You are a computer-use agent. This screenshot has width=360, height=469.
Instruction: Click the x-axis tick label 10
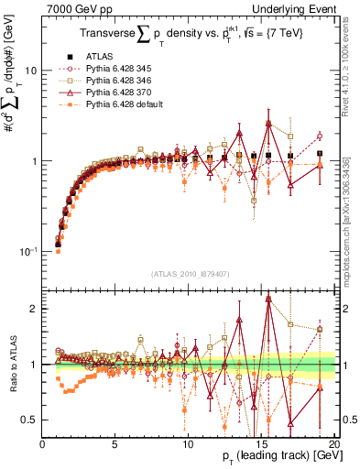[189, 443]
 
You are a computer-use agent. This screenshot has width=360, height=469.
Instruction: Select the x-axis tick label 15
[262, 443]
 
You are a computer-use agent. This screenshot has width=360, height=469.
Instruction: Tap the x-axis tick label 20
[334, 443]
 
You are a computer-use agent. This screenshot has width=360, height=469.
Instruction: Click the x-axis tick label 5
[115, 443]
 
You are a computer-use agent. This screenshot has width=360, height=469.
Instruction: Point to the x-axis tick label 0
[43, 443]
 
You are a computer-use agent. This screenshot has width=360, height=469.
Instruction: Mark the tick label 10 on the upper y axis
[31, 71]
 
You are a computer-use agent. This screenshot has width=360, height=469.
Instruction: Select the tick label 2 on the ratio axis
[35, 309]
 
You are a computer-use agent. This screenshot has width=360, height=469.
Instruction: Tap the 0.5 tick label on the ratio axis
[31, 420]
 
